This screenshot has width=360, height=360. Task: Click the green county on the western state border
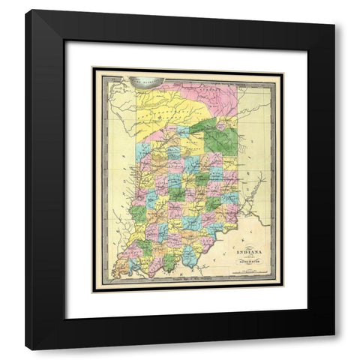[138, 214]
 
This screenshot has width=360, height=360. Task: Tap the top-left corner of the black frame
[25, 10]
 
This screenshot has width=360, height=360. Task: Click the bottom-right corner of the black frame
[334, 349]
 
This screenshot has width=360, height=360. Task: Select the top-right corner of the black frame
[334, 10]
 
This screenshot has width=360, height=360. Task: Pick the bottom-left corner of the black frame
[25, 349]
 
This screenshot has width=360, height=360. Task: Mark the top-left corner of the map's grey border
[92, 68]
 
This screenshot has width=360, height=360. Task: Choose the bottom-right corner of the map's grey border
[283, 292]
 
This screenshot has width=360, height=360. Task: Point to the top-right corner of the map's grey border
[283, 68]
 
